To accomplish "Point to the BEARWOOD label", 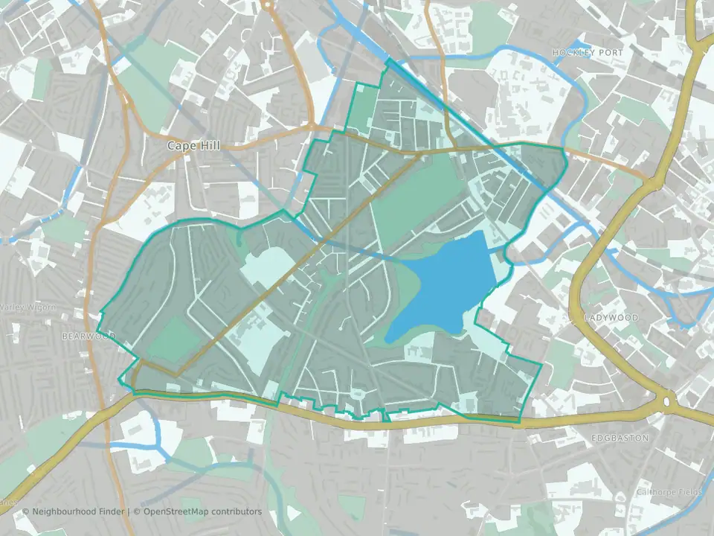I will (89, 336).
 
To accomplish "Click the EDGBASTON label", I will (620, 438).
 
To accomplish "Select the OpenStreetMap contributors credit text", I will (202, 511).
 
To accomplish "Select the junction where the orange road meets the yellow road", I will (652, 181).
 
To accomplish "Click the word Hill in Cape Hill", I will (210, 145).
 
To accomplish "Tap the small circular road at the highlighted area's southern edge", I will (358, 392).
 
